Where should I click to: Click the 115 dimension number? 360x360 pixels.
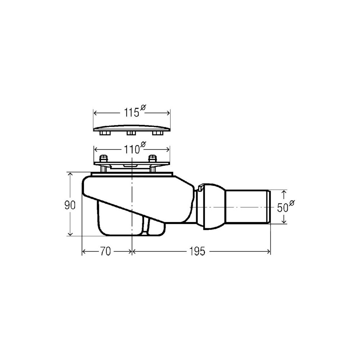131,113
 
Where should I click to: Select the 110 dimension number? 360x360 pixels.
132,150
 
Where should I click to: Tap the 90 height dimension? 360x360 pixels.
70,205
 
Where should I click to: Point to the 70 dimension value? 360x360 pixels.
105,251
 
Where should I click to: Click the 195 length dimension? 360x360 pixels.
197,251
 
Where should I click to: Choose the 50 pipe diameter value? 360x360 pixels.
282,208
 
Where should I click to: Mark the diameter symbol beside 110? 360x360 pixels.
143,144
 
